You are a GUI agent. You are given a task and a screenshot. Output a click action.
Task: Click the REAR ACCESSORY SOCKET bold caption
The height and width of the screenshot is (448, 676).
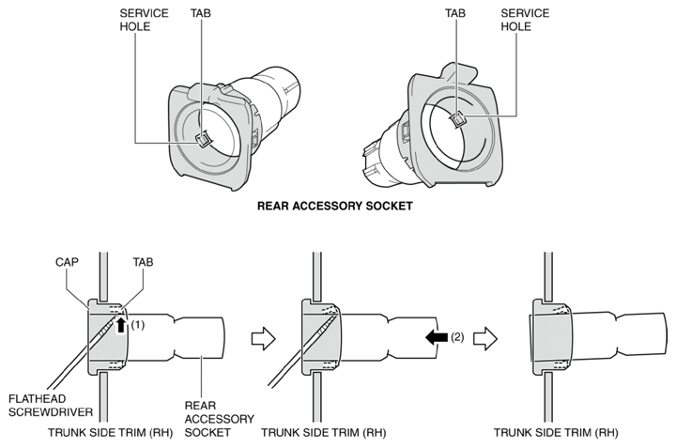pyautogui.click(x=334, y=206)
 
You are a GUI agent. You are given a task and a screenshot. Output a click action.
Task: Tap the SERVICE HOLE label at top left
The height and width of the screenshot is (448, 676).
pyautogui.click(x=144, y=20)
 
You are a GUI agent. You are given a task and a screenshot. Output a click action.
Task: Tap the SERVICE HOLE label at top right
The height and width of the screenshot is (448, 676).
pyautogui.click(x=525, y=20)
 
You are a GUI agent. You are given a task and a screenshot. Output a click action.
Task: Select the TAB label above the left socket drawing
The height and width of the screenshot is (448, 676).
pyautogui.click(x=201, y=13)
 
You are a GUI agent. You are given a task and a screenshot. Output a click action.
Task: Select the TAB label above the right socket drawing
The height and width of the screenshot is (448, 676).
pyautogui.click(x=455, y=13)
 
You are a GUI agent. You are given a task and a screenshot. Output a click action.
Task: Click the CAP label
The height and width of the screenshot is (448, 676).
pyautogui.click(x=67, y=262)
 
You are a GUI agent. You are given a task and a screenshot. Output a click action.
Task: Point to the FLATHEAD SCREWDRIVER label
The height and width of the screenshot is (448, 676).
pyautogui.click(x=51, y=406)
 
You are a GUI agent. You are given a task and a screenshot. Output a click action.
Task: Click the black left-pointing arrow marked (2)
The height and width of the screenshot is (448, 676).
pyautogui.click(x=437, y=337)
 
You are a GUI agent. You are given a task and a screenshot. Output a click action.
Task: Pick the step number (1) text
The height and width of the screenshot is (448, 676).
pyautogui.click(x=137, y=325)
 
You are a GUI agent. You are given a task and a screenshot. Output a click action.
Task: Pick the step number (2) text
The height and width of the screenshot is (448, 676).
pyautogui.click(x=457, y=337)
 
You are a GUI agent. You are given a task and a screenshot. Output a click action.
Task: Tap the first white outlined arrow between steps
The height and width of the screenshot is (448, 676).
pyautogui.click(x=264, y=338)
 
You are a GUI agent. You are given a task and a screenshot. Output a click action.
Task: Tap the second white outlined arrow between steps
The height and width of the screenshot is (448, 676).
pyautogui.click(x=485, y=338)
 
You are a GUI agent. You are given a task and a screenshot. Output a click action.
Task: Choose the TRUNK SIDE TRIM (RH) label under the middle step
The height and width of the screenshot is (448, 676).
pyautogui.click(x=324, y=432)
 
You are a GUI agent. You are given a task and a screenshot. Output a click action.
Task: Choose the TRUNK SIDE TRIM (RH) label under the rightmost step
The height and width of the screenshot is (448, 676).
pyautogui.click(x=556, y=432)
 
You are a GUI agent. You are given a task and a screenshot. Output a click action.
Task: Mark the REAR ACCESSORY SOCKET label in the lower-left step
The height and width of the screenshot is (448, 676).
pyautogui.click(x=219, y=419)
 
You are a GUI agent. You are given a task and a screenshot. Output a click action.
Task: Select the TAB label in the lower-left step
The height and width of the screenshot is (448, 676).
pyautogui.click(x=143, y=262)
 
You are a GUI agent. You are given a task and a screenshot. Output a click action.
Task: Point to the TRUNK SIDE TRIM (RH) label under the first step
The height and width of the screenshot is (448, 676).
pyautogui.click(x=111, y=432)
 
